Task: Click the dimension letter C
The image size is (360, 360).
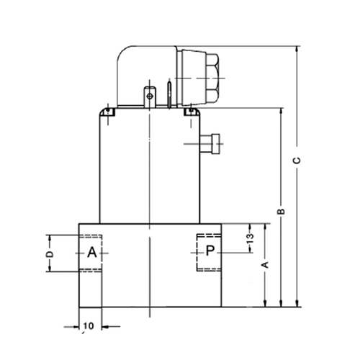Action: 297,161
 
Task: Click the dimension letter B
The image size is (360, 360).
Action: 282,212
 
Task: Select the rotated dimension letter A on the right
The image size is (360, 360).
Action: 265,265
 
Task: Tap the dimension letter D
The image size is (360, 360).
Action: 50,254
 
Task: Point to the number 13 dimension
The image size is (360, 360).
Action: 250,238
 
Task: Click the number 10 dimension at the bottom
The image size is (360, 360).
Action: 89,326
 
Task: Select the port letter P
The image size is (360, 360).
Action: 210,251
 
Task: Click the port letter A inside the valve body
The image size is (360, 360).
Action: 92,252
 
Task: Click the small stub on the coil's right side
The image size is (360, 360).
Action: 210,144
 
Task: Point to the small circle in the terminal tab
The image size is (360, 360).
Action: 150,96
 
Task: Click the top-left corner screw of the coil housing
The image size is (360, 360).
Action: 108,111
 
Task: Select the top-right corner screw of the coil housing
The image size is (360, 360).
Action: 191,111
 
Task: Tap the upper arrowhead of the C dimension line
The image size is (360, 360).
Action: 297,49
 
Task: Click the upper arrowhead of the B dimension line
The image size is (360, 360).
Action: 282,112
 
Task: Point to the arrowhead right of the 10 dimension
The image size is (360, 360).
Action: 105,326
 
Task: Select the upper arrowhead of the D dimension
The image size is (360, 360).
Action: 50,238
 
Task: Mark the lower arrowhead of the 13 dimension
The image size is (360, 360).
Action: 251,250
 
